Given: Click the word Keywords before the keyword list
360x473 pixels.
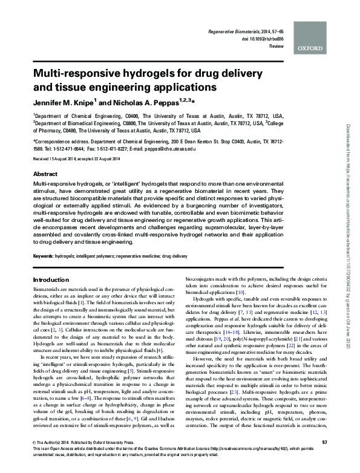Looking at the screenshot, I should [x=46, y=256].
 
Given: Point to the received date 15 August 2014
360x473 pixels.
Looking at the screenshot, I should [x=64, y=158].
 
